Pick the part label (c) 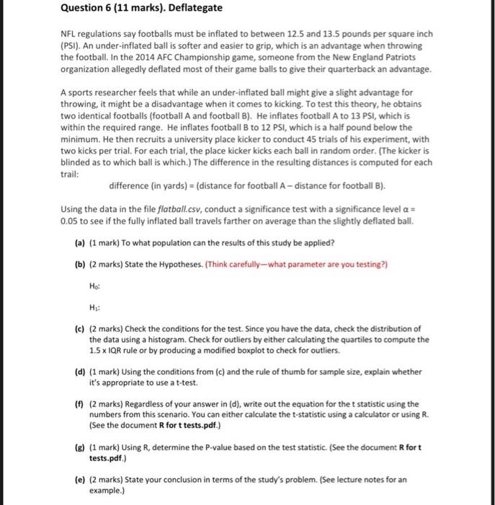(80, 328)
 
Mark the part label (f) (80, 404)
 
